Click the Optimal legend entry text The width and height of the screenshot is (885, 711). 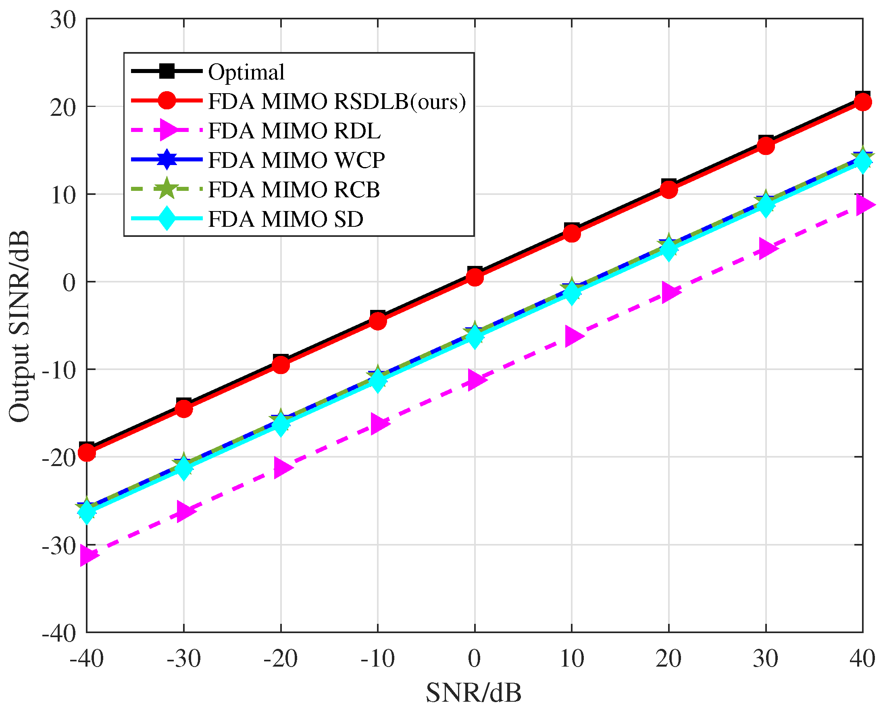point(246,72)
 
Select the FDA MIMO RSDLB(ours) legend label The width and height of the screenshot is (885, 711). point(337,101)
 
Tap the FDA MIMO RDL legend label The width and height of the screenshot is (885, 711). point(294,131)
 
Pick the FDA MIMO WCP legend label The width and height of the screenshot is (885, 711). point(296,160)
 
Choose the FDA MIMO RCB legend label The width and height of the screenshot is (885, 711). point(294,190)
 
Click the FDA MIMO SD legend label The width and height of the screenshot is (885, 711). point(286,220)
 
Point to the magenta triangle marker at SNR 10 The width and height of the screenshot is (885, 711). point(573,337)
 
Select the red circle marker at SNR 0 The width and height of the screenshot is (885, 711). point(475,278)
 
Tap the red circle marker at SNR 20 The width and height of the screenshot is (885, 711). point(669,190)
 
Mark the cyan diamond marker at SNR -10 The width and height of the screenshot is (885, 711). point(378,381)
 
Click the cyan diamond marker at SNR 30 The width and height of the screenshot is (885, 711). point(766,205)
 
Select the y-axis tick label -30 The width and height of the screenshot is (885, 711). point(59,546)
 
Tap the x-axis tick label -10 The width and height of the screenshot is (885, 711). point(378,659)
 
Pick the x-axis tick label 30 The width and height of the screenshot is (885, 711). point(766,659)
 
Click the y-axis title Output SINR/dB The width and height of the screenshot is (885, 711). point(20,327)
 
